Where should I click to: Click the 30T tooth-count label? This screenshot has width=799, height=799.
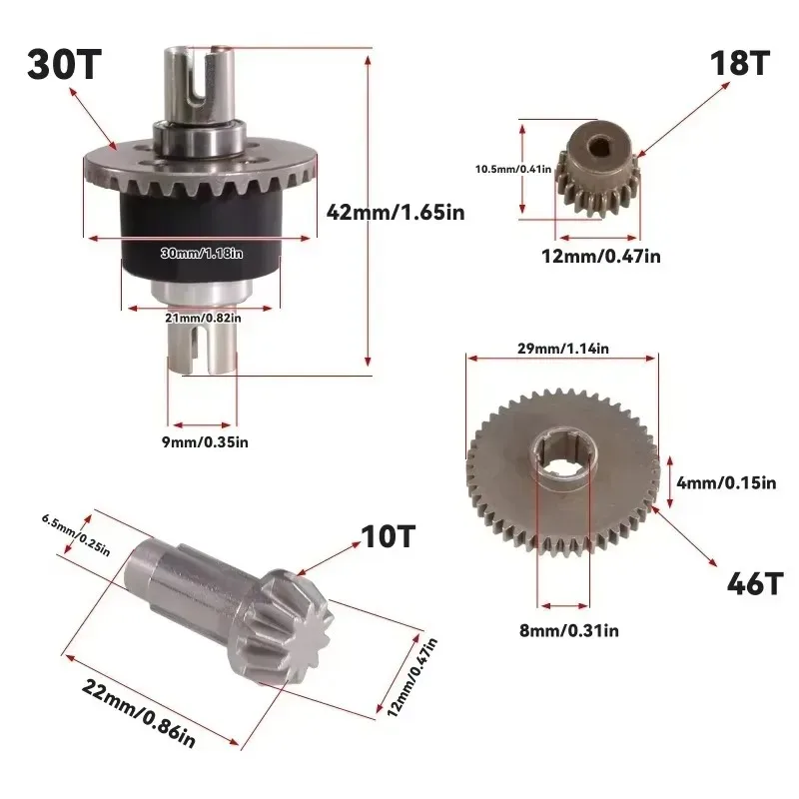[65, 64]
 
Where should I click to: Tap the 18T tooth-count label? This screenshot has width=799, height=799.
[739, 63]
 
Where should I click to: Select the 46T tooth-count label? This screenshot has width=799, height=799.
[754, 583]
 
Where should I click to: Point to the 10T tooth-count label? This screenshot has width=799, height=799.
[388, 536]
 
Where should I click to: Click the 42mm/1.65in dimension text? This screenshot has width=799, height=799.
[396, 212]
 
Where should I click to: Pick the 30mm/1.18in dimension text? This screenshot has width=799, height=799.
[202, 254]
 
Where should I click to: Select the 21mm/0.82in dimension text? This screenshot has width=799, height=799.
[203, 318]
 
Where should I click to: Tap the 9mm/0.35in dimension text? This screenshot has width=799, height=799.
[205, 441]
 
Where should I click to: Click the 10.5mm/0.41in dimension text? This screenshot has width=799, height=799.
[513, 169]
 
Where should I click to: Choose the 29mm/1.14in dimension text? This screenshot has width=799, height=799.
[563, 349]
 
